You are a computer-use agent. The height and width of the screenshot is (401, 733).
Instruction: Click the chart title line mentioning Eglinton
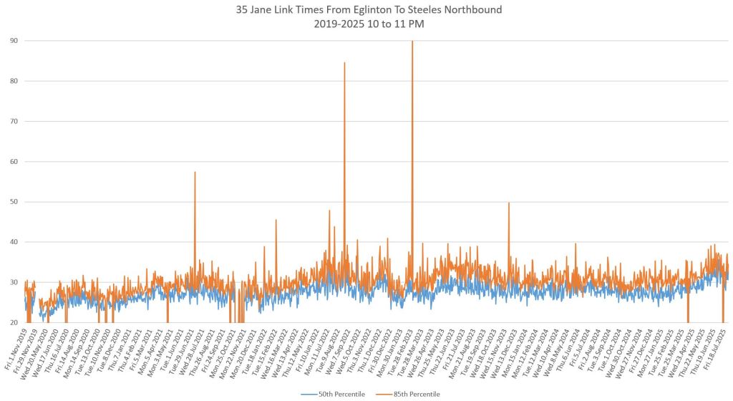[366, 9]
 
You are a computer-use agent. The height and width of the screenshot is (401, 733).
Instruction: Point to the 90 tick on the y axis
[14, 41]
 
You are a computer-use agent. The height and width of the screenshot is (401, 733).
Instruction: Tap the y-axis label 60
[14, 162]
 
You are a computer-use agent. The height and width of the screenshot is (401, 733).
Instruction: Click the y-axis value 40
[14, 242]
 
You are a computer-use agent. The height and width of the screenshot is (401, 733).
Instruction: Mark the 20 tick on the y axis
[14, 323]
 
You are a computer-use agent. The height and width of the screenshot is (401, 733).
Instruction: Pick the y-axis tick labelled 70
[14, 121]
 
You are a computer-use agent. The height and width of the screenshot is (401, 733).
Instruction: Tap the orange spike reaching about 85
[344, 64]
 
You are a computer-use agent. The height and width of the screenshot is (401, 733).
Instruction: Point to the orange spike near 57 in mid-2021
[195, 174]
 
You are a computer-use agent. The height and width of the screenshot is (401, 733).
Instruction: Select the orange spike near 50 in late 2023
[509, 205]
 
